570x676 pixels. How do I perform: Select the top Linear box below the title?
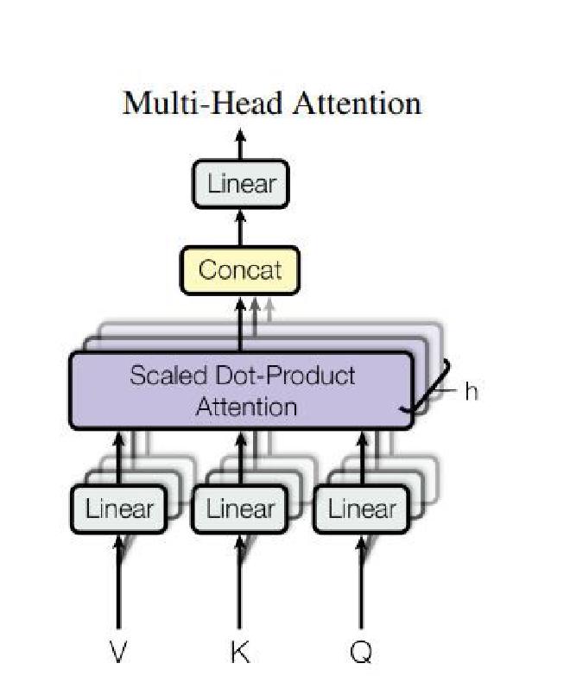241,184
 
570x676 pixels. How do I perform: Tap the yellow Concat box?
240,269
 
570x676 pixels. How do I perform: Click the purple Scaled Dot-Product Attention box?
241,390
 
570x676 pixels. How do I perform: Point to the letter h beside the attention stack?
471,391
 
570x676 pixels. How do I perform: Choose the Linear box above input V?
119,509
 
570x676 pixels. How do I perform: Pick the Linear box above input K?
241,509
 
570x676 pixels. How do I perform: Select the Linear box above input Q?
362,509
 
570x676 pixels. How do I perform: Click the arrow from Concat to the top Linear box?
241,228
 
